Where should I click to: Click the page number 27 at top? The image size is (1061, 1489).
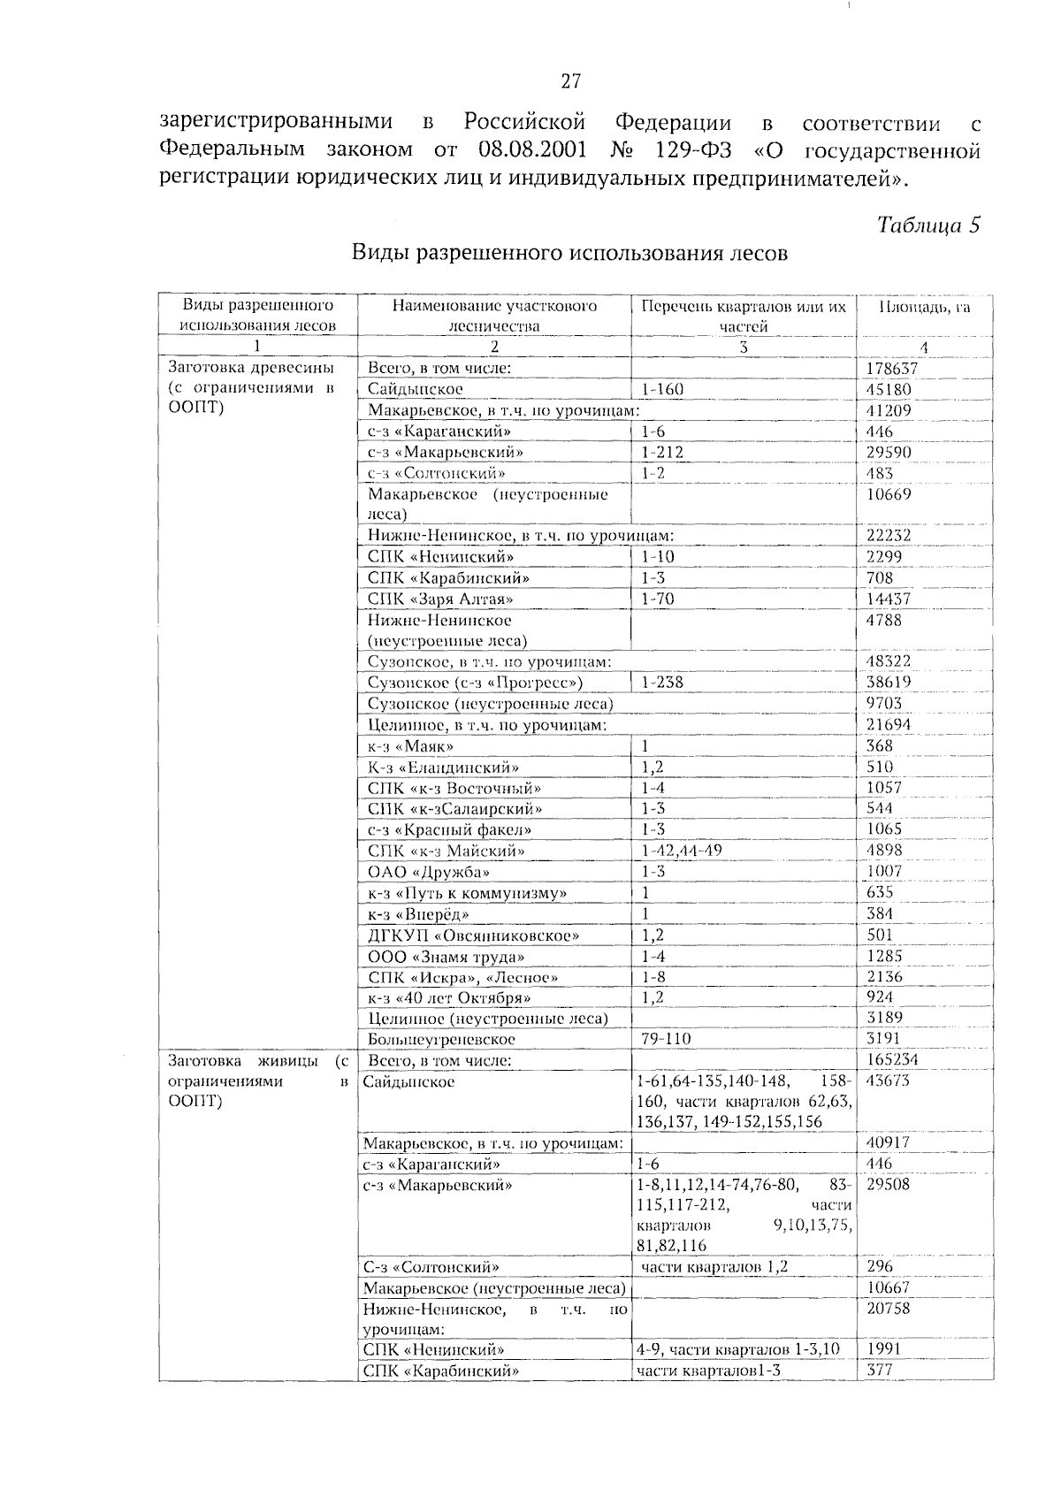tap(570, 82)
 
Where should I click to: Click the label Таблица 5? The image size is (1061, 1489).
tap(928, 225)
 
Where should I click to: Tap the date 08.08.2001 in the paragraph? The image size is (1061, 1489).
tap(533, 149)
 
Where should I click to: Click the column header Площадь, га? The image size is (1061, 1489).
tap(924, 307)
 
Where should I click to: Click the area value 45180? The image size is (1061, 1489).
tap(888, 390)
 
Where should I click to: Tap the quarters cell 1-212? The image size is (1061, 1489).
tap(662, 453)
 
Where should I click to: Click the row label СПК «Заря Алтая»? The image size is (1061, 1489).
tap(440, 599)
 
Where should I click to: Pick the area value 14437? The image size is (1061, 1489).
tap(888, 599)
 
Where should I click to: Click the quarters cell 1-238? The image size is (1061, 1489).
tap(662, 683)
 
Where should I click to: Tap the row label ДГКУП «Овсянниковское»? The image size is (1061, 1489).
tap(474, 935)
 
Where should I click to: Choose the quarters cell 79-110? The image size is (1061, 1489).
tap(666, 1039)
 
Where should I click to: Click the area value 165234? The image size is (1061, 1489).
tap(891, 1059)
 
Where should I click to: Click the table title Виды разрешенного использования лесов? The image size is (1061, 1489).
tap(569, 254)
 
